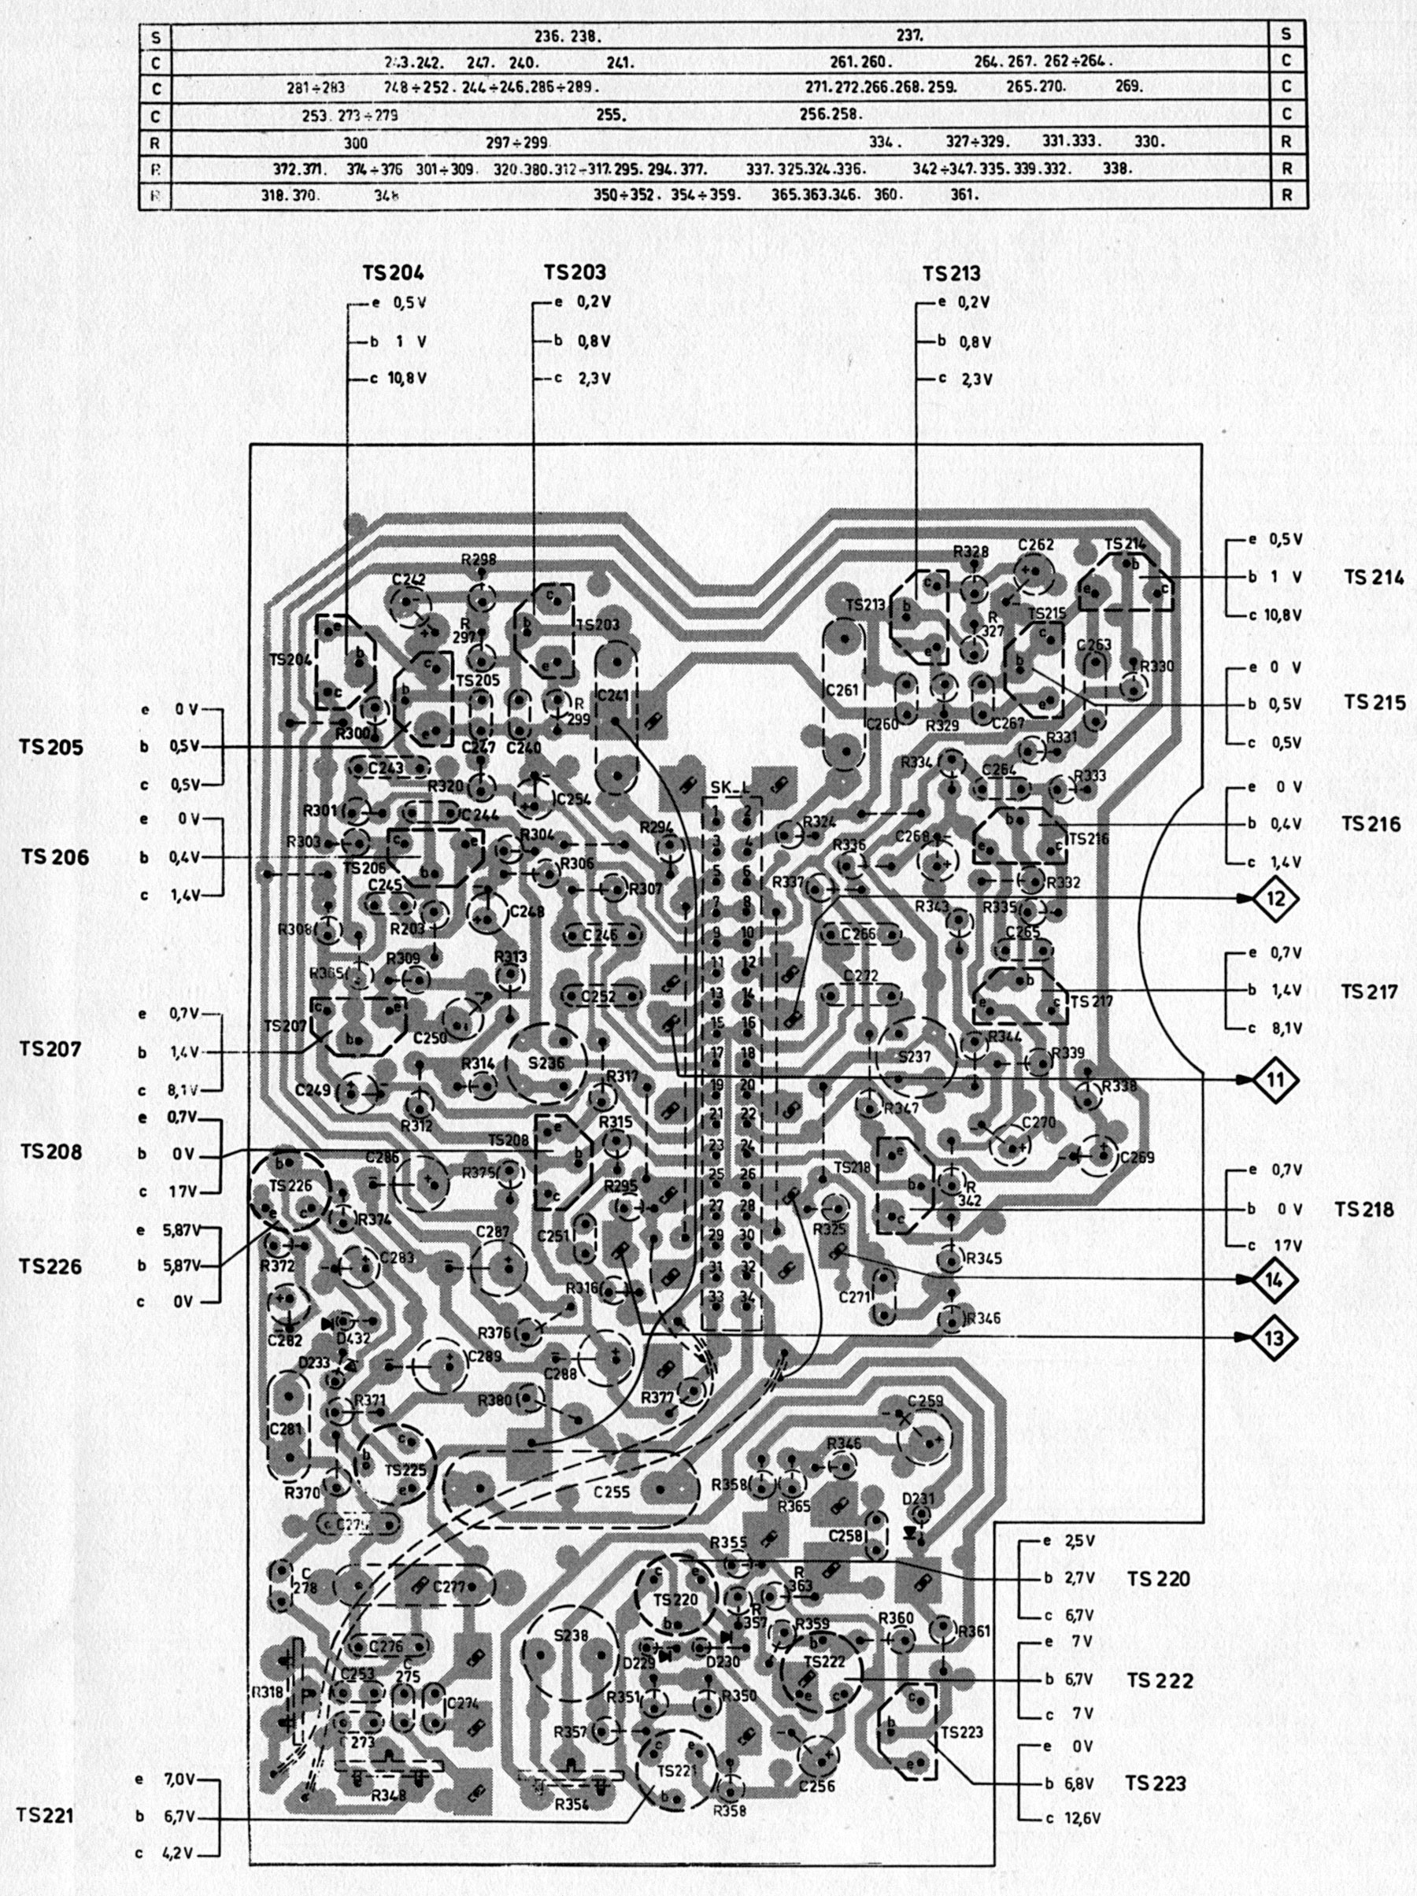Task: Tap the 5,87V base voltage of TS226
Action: point(181,1264)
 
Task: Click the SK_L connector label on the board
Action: point(731,788)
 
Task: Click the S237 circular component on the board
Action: point(915,1057)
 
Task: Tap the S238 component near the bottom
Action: point(571,1635)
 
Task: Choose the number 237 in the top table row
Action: point(909,36)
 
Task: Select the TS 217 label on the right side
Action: point(1368,992)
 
